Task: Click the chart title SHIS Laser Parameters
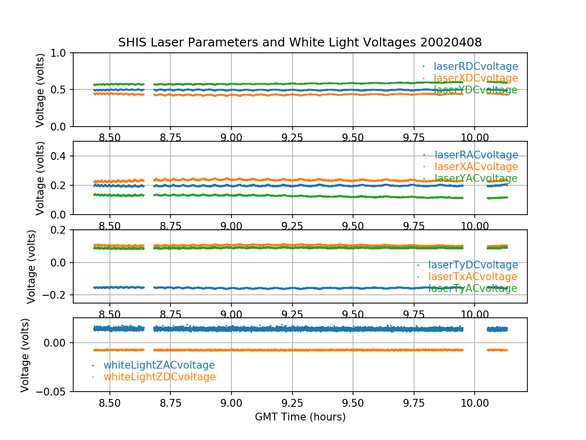click(300, 43)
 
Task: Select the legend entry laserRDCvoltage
click(476, 66)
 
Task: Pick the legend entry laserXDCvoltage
click(476, 78)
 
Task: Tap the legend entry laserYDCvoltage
click(476, 90)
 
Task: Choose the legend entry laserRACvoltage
click(476, 155)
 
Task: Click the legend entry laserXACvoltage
click(476, 167)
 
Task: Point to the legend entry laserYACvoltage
click(476, 178)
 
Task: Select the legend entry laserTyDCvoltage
click(473, 265)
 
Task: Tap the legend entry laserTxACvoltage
click(473, 277)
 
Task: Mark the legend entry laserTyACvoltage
click(473, 288)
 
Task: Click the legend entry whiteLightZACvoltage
click(159, 365)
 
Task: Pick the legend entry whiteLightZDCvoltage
click(159, 377)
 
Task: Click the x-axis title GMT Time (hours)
click(300, 417)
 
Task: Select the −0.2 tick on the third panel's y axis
click(56, 295)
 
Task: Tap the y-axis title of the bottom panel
click(25, 355)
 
